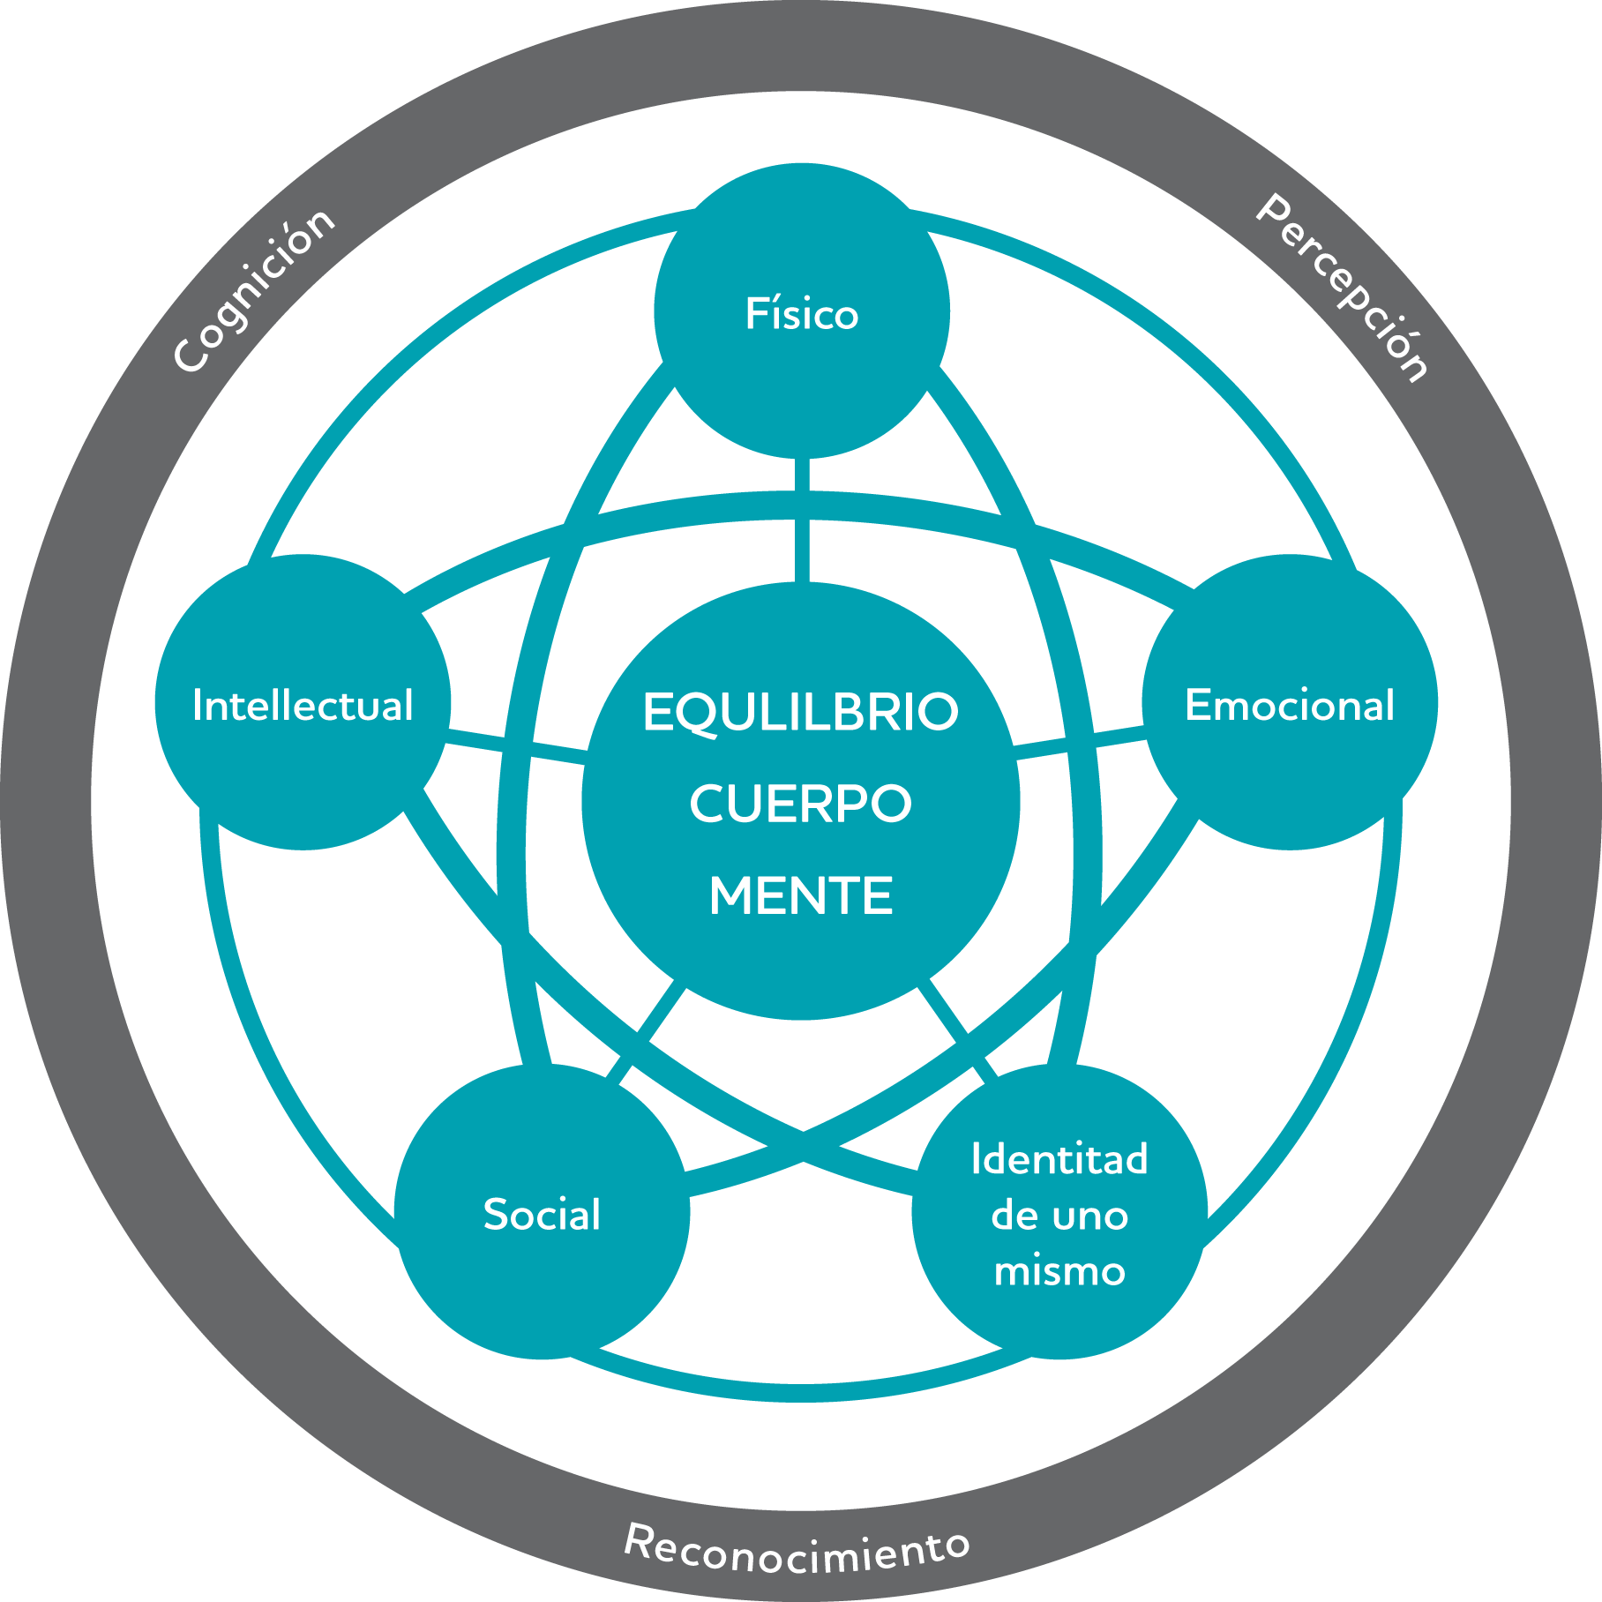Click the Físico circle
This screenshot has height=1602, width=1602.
(802, 311)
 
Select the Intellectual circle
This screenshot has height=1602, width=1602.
(303, 702)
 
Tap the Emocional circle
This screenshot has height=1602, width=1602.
(1290, 702)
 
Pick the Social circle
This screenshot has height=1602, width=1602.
(542, 1211)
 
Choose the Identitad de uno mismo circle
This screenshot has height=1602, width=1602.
(1059, 1211)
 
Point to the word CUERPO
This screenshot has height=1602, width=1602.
(801, 804)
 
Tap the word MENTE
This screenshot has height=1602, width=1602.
(801, 895)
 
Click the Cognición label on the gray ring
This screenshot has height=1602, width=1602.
(254, 290)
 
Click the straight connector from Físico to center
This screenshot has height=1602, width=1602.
(802, 520)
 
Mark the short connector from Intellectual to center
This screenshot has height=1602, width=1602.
(517, 746)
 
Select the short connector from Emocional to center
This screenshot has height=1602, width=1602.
(1081, 742)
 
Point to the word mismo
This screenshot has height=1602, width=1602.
(1059, 1271)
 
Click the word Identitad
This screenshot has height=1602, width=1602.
(1059, 1158)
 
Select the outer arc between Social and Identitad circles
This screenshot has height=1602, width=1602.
(801, 1392)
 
